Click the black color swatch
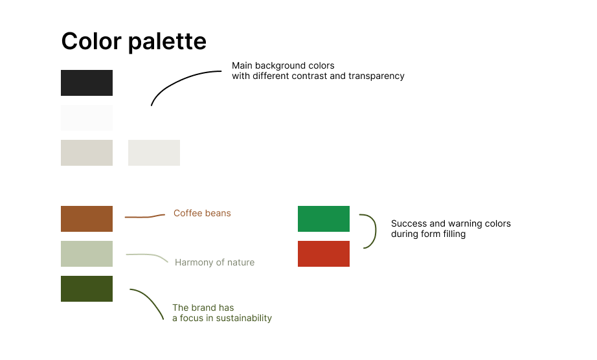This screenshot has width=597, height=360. coord(87,83)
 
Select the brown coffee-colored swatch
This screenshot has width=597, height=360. coord(87,219)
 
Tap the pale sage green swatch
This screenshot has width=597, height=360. coord(87,254)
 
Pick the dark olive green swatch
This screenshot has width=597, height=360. coord(87,289)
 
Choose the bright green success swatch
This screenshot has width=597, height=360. coord(324,219)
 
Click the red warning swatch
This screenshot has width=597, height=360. coord(324,254)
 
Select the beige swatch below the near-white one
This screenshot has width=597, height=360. coord(87,153)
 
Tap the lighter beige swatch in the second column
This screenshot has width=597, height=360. coord(154,153)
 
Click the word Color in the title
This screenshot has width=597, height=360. coord(91,41)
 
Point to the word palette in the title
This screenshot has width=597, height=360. coord(168,42)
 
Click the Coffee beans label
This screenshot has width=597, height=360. coord(202,213)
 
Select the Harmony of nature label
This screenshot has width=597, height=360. coord(215,262)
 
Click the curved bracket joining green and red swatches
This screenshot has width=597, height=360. coord(376,231)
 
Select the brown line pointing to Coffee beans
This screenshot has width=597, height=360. coord(144,216)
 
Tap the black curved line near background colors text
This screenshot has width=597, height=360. coord(175,79)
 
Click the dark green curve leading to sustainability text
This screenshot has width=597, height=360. coord(151,298)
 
